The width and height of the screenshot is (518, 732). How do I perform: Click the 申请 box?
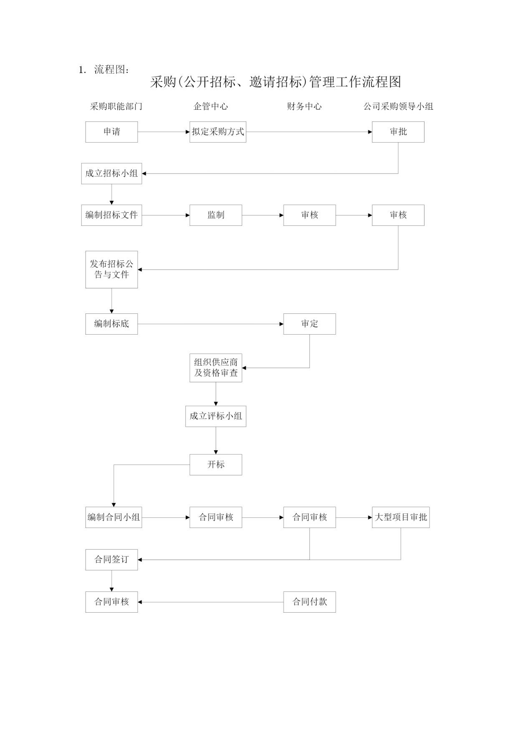pos(111,132)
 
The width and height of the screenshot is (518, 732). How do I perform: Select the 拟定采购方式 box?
pos(218,132)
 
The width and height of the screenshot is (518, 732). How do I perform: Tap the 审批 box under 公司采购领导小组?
pos(398,132)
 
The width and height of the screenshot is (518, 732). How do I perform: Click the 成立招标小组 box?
pos(111,174)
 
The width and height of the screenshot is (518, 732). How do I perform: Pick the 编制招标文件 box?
pos(111,215)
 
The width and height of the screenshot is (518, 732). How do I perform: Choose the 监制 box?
pos(216,215)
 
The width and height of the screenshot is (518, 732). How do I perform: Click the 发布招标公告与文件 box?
pos(111,270)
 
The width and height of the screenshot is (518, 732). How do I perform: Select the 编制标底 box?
pos(111,324)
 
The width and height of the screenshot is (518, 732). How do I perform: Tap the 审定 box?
pos(310,324)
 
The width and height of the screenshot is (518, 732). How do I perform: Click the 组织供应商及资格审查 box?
pos(216,368)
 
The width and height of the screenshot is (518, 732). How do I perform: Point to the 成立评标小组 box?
pos(216,416)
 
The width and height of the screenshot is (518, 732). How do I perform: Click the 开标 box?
pos(216,464)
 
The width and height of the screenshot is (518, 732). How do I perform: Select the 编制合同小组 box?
pos(114,517)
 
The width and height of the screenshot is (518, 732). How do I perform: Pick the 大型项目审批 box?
pos(401,517)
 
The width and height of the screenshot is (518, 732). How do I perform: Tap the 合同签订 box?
pos(111,560)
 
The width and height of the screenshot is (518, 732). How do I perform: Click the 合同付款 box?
pos(310,602)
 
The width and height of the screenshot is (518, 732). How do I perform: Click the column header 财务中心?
pos(304,106)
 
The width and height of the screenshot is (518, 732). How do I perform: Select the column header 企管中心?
pos(211,106)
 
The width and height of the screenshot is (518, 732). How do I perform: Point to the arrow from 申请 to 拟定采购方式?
pos(164,132)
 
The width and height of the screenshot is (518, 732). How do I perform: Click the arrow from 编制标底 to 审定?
pos(211,324)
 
